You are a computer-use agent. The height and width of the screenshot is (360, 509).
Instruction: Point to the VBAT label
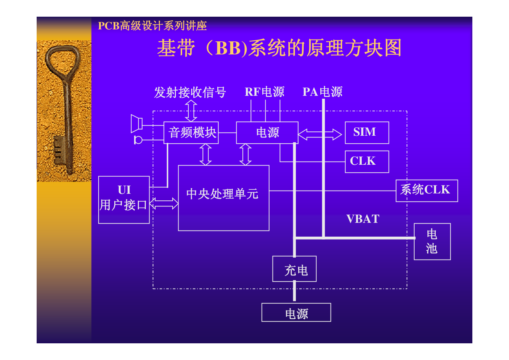click(x=363, y=219)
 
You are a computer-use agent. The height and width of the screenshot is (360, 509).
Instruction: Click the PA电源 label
click(x=323, y=92)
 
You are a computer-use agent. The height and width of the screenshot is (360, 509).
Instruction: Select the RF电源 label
click(x=264, y=92)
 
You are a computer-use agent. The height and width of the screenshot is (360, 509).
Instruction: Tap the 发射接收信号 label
click(x=190, y=92)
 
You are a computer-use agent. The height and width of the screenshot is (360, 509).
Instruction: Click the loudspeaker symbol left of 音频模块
click(x=136, y=124)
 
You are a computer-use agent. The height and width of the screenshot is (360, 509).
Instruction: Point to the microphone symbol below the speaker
click(x=138, y=140)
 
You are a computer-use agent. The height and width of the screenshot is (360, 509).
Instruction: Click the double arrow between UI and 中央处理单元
click(x=164, y=203)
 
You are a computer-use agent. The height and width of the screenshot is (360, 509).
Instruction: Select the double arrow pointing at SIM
click(x=320, y=134)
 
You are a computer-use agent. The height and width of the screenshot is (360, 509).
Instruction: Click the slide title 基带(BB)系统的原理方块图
click(x=279, y=48)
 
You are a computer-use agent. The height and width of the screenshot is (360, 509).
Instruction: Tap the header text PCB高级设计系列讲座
click(x=152, y=26)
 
